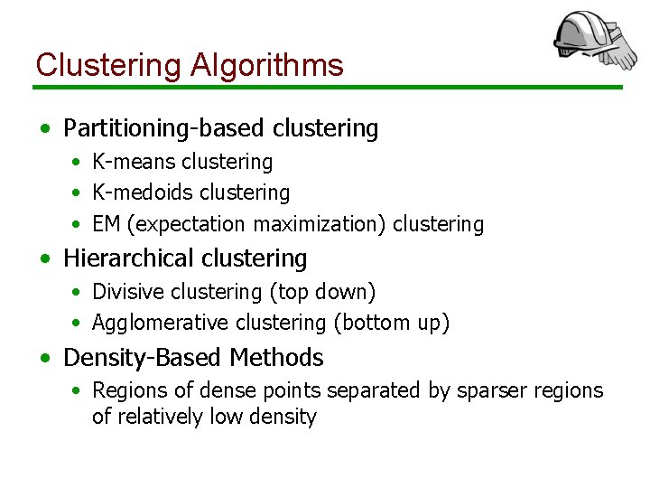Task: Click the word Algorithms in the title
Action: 267,65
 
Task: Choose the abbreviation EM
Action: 106,223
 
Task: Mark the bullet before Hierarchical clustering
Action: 44,258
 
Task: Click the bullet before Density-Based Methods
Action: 44,358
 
